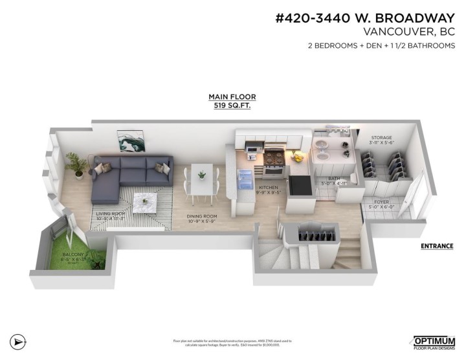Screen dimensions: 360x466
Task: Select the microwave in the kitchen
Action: click(250, 153)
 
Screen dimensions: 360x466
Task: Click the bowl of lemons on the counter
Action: click(298, 157)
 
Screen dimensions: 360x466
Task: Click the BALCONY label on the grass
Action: click(72, 255)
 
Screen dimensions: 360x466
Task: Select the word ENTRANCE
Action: click(436, 246)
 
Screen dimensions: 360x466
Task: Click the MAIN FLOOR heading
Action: click(232, 96)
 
